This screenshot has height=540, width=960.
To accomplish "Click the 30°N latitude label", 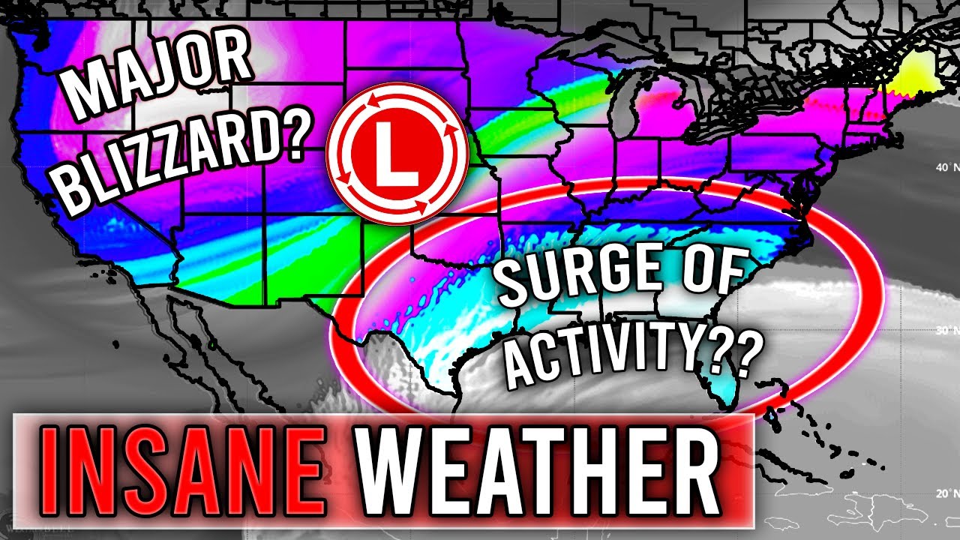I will point(943,330).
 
